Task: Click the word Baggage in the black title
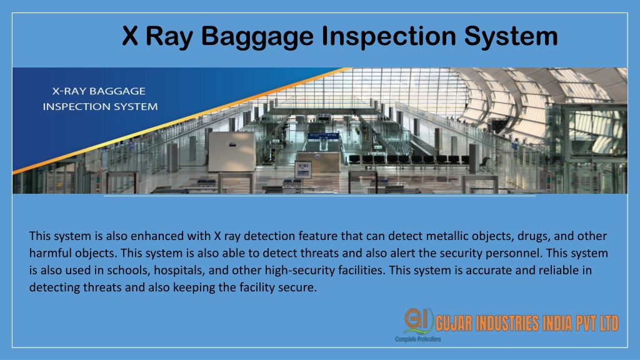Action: point(257,37)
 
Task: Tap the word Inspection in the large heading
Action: point(389,36)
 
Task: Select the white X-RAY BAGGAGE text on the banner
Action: point(99,91)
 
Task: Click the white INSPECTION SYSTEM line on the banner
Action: point(100,106)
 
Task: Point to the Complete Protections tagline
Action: point(418,339)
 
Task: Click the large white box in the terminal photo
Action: point(232,151)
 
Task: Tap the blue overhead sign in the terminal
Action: point(323,137)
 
